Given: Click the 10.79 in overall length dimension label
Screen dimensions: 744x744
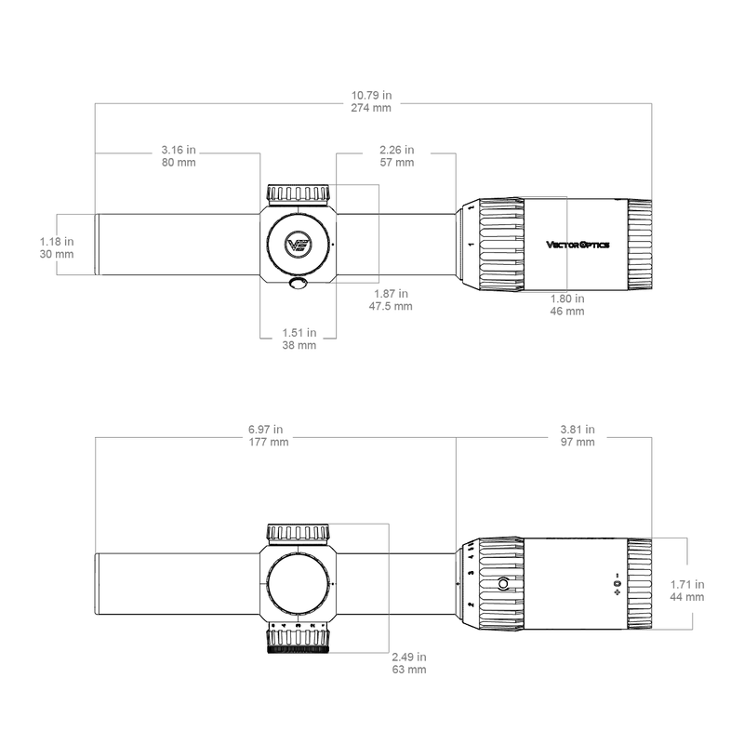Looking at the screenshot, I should coord(372,101).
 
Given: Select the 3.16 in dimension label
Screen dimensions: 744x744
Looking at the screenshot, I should coord(179,155).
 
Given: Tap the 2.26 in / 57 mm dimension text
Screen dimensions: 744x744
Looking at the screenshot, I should coord(397,155).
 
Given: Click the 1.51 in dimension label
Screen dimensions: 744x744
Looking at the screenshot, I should coord(299,338).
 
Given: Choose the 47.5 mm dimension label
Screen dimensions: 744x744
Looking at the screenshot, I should coord(391,299).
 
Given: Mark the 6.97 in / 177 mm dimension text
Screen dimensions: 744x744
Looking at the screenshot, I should coord(268,436).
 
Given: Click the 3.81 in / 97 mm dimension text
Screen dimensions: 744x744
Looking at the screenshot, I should coord(578,436).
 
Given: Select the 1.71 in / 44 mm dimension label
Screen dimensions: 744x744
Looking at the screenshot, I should coord(687,591).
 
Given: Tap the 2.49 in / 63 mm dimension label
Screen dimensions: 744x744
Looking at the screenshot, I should coord(408,662).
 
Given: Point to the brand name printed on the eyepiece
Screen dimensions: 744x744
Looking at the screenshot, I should coord(576,246).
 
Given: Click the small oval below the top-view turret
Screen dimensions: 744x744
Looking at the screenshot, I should coord(299,284).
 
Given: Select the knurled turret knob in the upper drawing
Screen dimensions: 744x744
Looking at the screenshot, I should coord(299,193).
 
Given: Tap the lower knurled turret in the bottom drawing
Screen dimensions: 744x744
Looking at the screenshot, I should coord(299,639).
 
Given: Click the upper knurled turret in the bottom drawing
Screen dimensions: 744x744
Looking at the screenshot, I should coord(299,534).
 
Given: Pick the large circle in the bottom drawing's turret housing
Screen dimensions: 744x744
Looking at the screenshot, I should coord(299,585).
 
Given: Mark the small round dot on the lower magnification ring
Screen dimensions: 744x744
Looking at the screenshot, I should coord(503,585).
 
